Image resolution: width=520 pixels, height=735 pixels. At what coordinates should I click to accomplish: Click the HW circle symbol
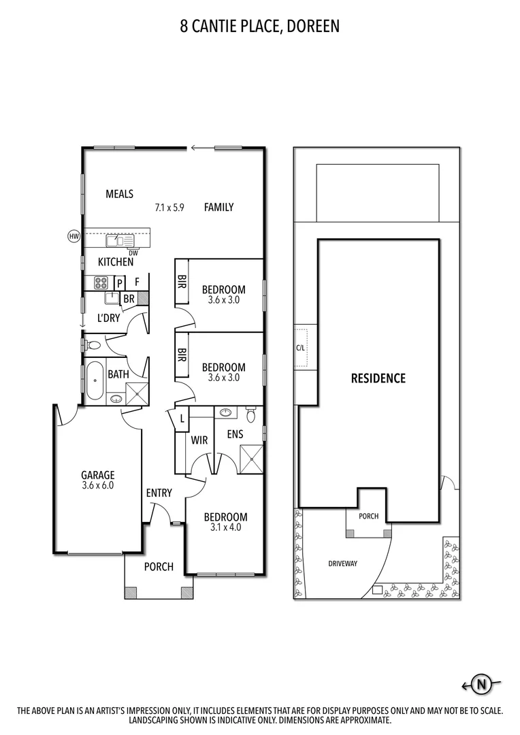[74, 236]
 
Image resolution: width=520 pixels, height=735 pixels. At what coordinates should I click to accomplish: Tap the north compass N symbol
[483, 685]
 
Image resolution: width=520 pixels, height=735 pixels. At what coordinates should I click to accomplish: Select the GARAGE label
[98, 475]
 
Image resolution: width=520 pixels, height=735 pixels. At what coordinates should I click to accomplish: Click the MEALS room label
[119, 194]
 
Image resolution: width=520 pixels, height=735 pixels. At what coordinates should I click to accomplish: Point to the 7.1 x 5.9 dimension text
[170, 208]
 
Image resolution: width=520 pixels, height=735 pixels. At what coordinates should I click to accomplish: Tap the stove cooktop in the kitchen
[100, 283]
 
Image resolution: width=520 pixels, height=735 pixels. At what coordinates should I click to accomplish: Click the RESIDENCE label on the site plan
[378, 378]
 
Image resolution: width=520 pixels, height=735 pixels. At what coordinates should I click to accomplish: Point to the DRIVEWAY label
[342, 563]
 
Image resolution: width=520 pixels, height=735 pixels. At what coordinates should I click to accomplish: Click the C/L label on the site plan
[300, 347]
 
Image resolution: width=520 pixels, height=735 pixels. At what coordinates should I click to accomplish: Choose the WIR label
[199, 441]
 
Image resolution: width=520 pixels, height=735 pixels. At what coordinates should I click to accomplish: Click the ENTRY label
[159, 493]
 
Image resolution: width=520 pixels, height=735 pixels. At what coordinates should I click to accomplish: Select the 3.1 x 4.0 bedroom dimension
[225, 527]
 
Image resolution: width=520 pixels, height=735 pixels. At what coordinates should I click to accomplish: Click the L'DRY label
[109, 318]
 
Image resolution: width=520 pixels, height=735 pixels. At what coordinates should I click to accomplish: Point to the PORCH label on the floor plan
[159, 566]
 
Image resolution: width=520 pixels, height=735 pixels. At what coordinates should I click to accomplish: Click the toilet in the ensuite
[250, 414]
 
